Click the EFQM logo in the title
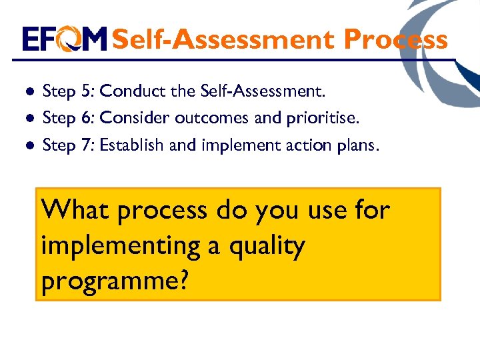coord(64,39)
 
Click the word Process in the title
coord(395,39)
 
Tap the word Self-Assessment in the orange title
coord(224,39)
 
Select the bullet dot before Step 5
coord(29,91)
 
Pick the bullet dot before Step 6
coord(29,119)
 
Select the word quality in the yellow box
coord(266,247)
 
